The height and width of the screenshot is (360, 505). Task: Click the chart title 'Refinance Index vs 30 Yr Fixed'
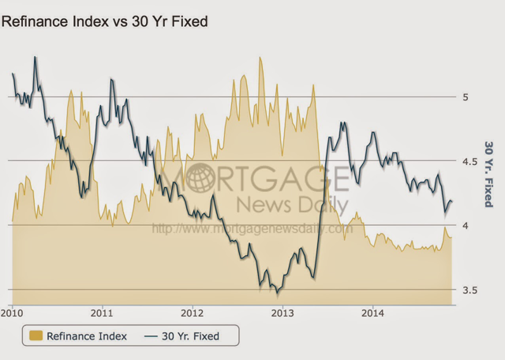pos(104,21)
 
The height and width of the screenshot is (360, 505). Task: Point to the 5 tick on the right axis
pos(466,97)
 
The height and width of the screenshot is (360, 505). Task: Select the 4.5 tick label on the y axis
pos(469,161)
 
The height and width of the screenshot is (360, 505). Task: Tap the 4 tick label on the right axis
pos(466,226)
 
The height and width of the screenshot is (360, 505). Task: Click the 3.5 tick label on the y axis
pos(469,291)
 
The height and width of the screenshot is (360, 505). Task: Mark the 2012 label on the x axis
pos(193,313)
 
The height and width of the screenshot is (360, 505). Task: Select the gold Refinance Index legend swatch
pos(35,336)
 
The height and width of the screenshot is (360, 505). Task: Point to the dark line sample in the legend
pos(151,336)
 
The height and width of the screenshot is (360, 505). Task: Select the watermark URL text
pos(251,229)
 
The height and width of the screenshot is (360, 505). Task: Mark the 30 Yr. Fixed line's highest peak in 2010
pos(36,57)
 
